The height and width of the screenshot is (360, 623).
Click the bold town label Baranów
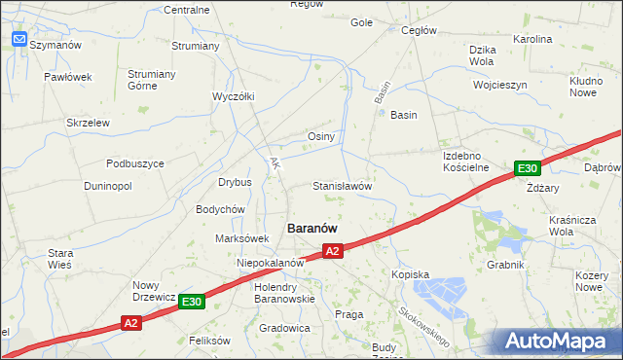311,227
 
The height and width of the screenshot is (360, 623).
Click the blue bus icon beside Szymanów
19,40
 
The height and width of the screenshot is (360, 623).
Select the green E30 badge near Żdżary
527,168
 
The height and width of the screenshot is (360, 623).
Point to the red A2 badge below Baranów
332,251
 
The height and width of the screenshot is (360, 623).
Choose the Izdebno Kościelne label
465,161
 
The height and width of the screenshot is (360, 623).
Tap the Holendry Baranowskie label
283,293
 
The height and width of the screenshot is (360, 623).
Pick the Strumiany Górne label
151,80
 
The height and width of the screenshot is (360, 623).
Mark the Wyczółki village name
233,96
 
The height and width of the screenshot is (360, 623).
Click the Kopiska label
410,274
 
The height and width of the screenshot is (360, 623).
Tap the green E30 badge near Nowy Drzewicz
192,303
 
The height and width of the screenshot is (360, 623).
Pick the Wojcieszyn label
499,85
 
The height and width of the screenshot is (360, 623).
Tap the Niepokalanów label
272,263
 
